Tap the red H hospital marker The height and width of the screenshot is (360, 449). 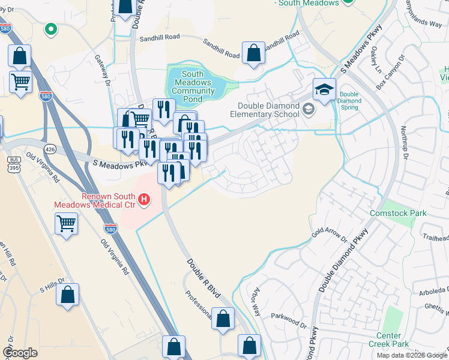tap(143, 199)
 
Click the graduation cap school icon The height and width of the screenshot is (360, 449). tap(324, 89)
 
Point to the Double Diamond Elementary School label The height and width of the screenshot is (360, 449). tap(267, 109)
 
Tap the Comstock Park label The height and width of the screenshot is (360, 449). tap(389, 213)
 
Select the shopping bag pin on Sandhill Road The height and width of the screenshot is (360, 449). tap(253, 53)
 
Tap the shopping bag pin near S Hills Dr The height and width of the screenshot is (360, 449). tap(68, 295)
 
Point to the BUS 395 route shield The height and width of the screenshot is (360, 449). tap(14, 163)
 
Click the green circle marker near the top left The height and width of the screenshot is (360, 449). tap(51, 28)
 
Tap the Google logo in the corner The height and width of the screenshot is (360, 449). tap(20, 353)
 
